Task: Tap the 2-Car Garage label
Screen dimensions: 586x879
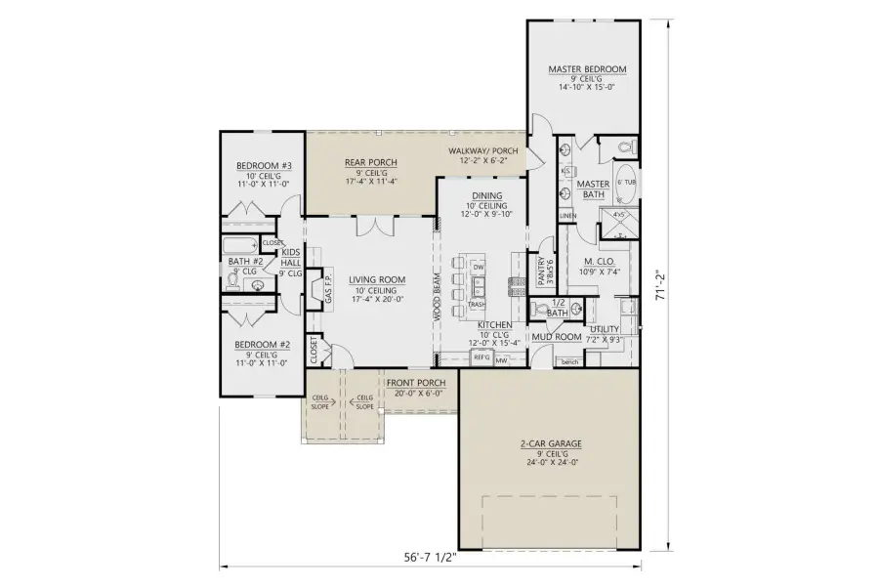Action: (551, 443)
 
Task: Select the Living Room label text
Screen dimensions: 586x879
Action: (371, 279)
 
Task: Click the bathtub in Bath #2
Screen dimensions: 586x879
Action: (241, 245)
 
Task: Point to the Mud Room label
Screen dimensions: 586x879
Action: (557, 337)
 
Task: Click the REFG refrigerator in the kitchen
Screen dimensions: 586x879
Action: (481, 358)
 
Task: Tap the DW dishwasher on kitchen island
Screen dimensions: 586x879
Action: (478, 267)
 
